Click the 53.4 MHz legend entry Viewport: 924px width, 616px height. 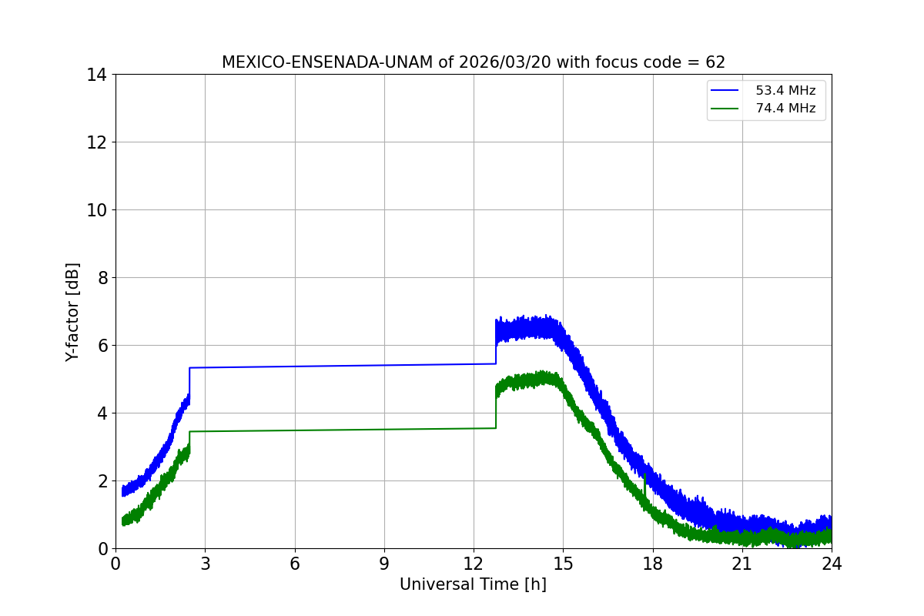(785, 91)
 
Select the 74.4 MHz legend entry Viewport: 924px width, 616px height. (785, 109)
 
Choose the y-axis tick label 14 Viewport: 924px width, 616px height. (96, 75)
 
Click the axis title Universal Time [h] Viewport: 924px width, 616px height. (473, 584)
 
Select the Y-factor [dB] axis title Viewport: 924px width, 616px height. (72, 312)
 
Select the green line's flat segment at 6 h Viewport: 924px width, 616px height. (295, 430)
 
